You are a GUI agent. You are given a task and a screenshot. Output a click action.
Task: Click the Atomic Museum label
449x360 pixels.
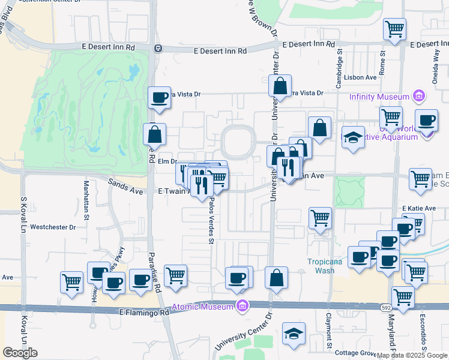click(205, 307)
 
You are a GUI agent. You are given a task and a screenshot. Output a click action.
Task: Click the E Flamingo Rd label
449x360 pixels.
click(144, 313)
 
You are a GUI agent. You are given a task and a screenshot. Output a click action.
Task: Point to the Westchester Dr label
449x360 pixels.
click(53, 227)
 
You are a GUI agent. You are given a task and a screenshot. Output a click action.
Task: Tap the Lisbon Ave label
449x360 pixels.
click(361, 77)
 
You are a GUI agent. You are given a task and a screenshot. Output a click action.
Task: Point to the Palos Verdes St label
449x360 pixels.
click(211, 223)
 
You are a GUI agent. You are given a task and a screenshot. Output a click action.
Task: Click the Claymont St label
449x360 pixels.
click(329, 331)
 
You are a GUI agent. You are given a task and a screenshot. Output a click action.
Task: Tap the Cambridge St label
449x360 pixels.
click(339, 63)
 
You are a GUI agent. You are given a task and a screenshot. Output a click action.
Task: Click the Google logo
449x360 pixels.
click(20, 353)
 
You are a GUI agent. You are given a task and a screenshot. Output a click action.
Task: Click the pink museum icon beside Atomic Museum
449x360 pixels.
click(243, 307)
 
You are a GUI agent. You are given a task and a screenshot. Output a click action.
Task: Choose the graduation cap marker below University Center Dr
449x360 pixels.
click(294, 334)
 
